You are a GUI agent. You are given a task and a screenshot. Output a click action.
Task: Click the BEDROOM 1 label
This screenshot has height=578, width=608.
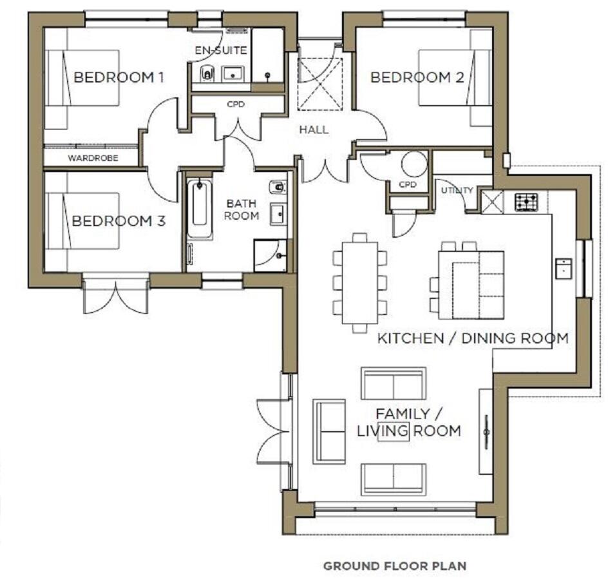pos(119,78)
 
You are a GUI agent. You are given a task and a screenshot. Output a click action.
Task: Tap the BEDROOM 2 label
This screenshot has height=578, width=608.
pos(417,78)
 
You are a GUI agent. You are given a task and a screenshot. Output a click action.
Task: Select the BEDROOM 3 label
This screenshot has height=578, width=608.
pos(119,221)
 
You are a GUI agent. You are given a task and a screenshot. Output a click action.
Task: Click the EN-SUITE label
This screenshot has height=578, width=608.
pos(221,50)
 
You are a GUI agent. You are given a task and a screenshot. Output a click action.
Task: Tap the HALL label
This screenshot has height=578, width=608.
pos(314,130)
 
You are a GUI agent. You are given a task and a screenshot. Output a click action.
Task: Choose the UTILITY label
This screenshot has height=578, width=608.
pos(457,190)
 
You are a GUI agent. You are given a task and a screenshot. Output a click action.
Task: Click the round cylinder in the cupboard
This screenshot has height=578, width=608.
pos(414,164)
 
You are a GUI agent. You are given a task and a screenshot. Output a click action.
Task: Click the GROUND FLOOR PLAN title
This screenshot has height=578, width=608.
pos(394,566)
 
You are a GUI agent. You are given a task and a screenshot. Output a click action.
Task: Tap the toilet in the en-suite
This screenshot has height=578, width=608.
pos(207,73)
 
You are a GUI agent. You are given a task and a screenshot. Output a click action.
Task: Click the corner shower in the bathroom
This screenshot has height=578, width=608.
pos(271,255)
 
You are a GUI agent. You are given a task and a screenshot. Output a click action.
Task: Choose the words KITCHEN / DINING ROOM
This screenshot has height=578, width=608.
pos(472,338)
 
